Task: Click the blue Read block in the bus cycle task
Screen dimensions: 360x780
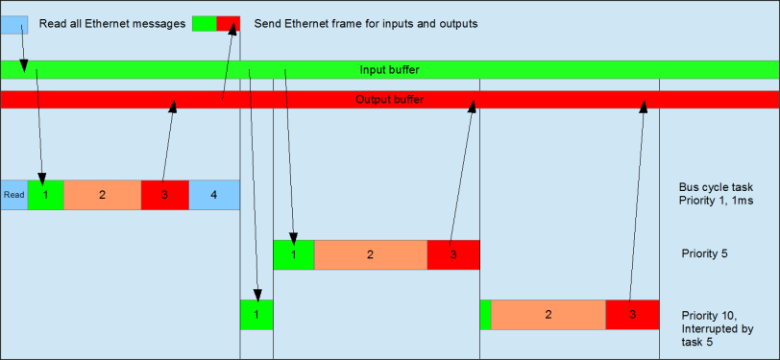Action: coord(13,194)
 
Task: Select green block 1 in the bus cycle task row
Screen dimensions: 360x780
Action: coord(45,194)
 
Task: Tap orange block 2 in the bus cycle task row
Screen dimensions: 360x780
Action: coord(102,194)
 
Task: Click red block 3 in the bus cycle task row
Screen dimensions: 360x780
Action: coord(164,194)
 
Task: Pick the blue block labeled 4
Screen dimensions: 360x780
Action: coord(213,194)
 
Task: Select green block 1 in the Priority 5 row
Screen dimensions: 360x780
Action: coord(293,254)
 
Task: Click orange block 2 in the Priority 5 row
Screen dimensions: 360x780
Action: coord(370,254)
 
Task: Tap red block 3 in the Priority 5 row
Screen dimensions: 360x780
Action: coord(452,254)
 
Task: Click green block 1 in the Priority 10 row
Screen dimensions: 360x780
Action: coord(256,315)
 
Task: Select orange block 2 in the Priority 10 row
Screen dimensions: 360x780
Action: coord(548,315)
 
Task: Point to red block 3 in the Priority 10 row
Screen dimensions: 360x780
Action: coord(632,315)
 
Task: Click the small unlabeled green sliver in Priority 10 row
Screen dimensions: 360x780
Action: coord(485,315)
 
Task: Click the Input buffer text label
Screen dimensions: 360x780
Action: coord(389,70)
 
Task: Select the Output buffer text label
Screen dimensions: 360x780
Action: coord(389,100)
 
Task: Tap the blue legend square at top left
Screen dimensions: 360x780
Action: coord(13,23)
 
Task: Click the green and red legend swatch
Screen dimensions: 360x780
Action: coord(216,23)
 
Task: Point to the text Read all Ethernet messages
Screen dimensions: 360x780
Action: coord(111,23)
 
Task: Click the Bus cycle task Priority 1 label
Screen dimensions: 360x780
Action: coord(716,194)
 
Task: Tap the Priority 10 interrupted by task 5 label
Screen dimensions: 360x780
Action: coord(717,327)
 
